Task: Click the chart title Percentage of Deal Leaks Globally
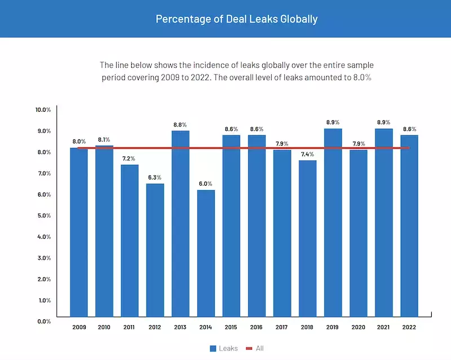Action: [237, 19]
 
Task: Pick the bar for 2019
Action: [333, 222]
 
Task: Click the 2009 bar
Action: [79, 232]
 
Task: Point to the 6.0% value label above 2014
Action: [206, 183]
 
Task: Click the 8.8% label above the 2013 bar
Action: [180, 124]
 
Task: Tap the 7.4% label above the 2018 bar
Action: [307, 154]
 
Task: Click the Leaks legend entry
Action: [224, 348]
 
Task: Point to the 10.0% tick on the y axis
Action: [43, 109]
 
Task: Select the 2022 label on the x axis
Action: [409, 327]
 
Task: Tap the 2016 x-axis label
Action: [257, 327]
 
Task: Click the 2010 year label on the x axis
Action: [104, 327]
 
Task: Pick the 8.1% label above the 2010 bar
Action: [104, 139]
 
